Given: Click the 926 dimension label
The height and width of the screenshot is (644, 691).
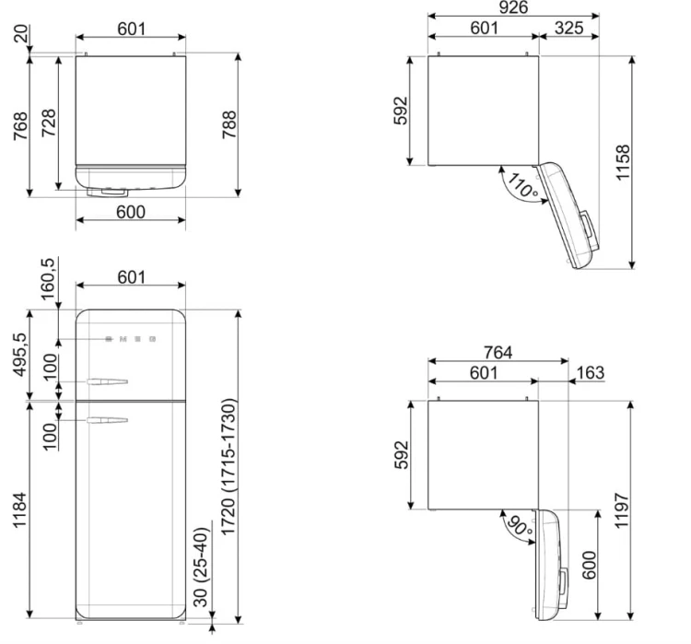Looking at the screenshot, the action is point(513,7).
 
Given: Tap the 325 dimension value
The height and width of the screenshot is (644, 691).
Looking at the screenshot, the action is point(569,28).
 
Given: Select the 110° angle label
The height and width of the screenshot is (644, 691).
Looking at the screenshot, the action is point(522,185).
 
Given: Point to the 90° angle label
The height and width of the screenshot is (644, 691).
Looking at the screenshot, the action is point(520,525).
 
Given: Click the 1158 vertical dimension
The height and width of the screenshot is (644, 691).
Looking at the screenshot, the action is point(623,162).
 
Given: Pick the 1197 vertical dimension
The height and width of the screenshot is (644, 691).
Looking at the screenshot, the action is point(621,510).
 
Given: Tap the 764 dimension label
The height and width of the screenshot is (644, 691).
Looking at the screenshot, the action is point(498,352).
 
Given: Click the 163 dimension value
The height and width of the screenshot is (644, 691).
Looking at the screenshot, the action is point(590,372).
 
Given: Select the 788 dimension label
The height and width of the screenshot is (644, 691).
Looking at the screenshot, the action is point(229,124).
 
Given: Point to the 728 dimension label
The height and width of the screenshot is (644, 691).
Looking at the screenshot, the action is point(49,123).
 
